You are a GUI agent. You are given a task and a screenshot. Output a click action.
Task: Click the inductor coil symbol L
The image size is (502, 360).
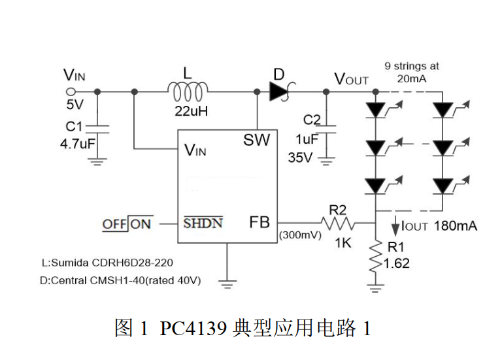point(188,91)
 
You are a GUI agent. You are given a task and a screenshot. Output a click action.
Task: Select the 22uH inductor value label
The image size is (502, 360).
point(191,111)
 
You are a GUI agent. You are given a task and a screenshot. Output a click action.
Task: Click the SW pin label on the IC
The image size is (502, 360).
point(256,140)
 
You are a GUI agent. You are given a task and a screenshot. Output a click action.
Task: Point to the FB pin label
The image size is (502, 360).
point(259,222)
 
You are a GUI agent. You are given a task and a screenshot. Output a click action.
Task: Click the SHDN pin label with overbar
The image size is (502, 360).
point(203,222)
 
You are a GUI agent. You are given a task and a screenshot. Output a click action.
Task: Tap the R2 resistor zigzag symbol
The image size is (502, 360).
point(337,223)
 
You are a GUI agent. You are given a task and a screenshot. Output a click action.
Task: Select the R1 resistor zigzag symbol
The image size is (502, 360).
point(376,256)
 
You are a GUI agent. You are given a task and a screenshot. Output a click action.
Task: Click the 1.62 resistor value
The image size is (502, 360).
point(397,263)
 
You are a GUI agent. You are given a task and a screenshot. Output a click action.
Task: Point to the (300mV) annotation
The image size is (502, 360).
point(300,235)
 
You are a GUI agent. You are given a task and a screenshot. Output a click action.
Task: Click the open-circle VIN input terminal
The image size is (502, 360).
point(71,92)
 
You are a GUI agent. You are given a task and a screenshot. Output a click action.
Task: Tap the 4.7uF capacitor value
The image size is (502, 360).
point(78,144)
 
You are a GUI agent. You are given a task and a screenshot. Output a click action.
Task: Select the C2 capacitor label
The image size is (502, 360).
point(312,120)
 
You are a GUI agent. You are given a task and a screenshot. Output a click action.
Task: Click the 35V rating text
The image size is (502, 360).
point(300,157)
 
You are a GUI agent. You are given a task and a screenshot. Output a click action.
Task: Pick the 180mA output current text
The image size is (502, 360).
point(455,226)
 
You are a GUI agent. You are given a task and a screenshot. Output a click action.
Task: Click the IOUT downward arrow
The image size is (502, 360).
point(395,225)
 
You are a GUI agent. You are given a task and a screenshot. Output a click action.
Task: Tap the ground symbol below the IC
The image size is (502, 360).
point(227,284)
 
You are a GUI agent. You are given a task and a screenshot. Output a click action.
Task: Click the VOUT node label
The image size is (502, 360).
point(352,78)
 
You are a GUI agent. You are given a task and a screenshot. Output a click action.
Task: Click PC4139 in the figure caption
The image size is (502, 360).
point(193,328)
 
